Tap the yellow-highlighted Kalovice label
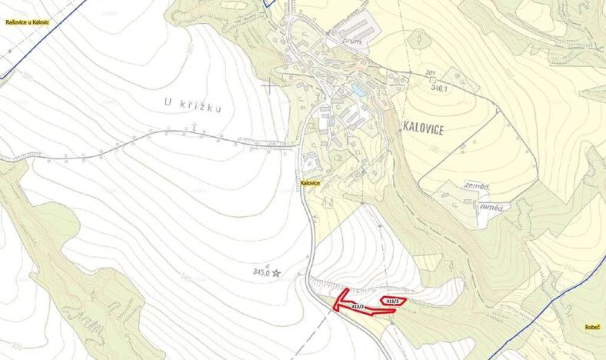tap(310, 182)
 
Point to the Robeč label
tap(591, 326)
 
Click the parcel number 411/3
tap(392, 300)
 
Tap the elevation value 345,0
tap(261, 272)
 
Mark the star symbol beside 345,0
tap(277, 272)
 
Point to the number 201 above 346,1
tap(430, 73)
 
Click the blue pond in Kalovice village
tap(358, 91)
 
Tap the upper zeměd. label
tap(476, 186)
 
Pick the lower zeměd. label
tap(491, 208)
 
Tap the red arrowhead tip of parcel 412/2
tap(333, 308)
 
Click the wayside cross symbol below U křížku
tap(195, 124)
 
